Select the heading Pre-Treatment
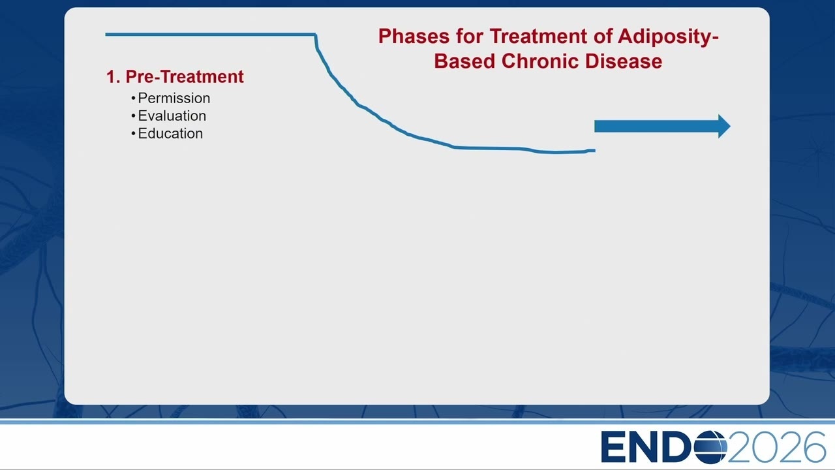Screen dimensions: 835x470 pos(185,77)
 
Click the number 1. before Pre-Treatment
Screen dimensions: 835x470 pos(113,77)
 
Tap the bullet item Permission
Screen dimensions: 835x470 pos(174,98)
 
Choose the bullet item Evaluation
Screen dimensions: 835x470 pos(172,116)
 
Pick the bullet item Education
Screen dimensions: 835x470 pos(170,134)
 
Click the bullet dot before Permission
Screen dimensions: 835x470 pos(133,99)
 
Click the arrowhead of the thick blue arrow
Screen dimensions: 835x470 pos(724,127)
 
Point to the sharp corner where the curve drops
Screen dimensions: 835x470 pos(316,35)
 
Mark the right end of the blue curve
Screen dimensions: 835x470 pos(595,151)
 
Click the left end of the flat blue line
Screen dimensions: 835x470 pos(106,35)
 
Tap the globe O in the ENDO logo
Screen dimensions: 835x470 pos(710,447)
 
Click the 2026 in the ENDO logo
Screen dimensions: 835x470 pos(776,447)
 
